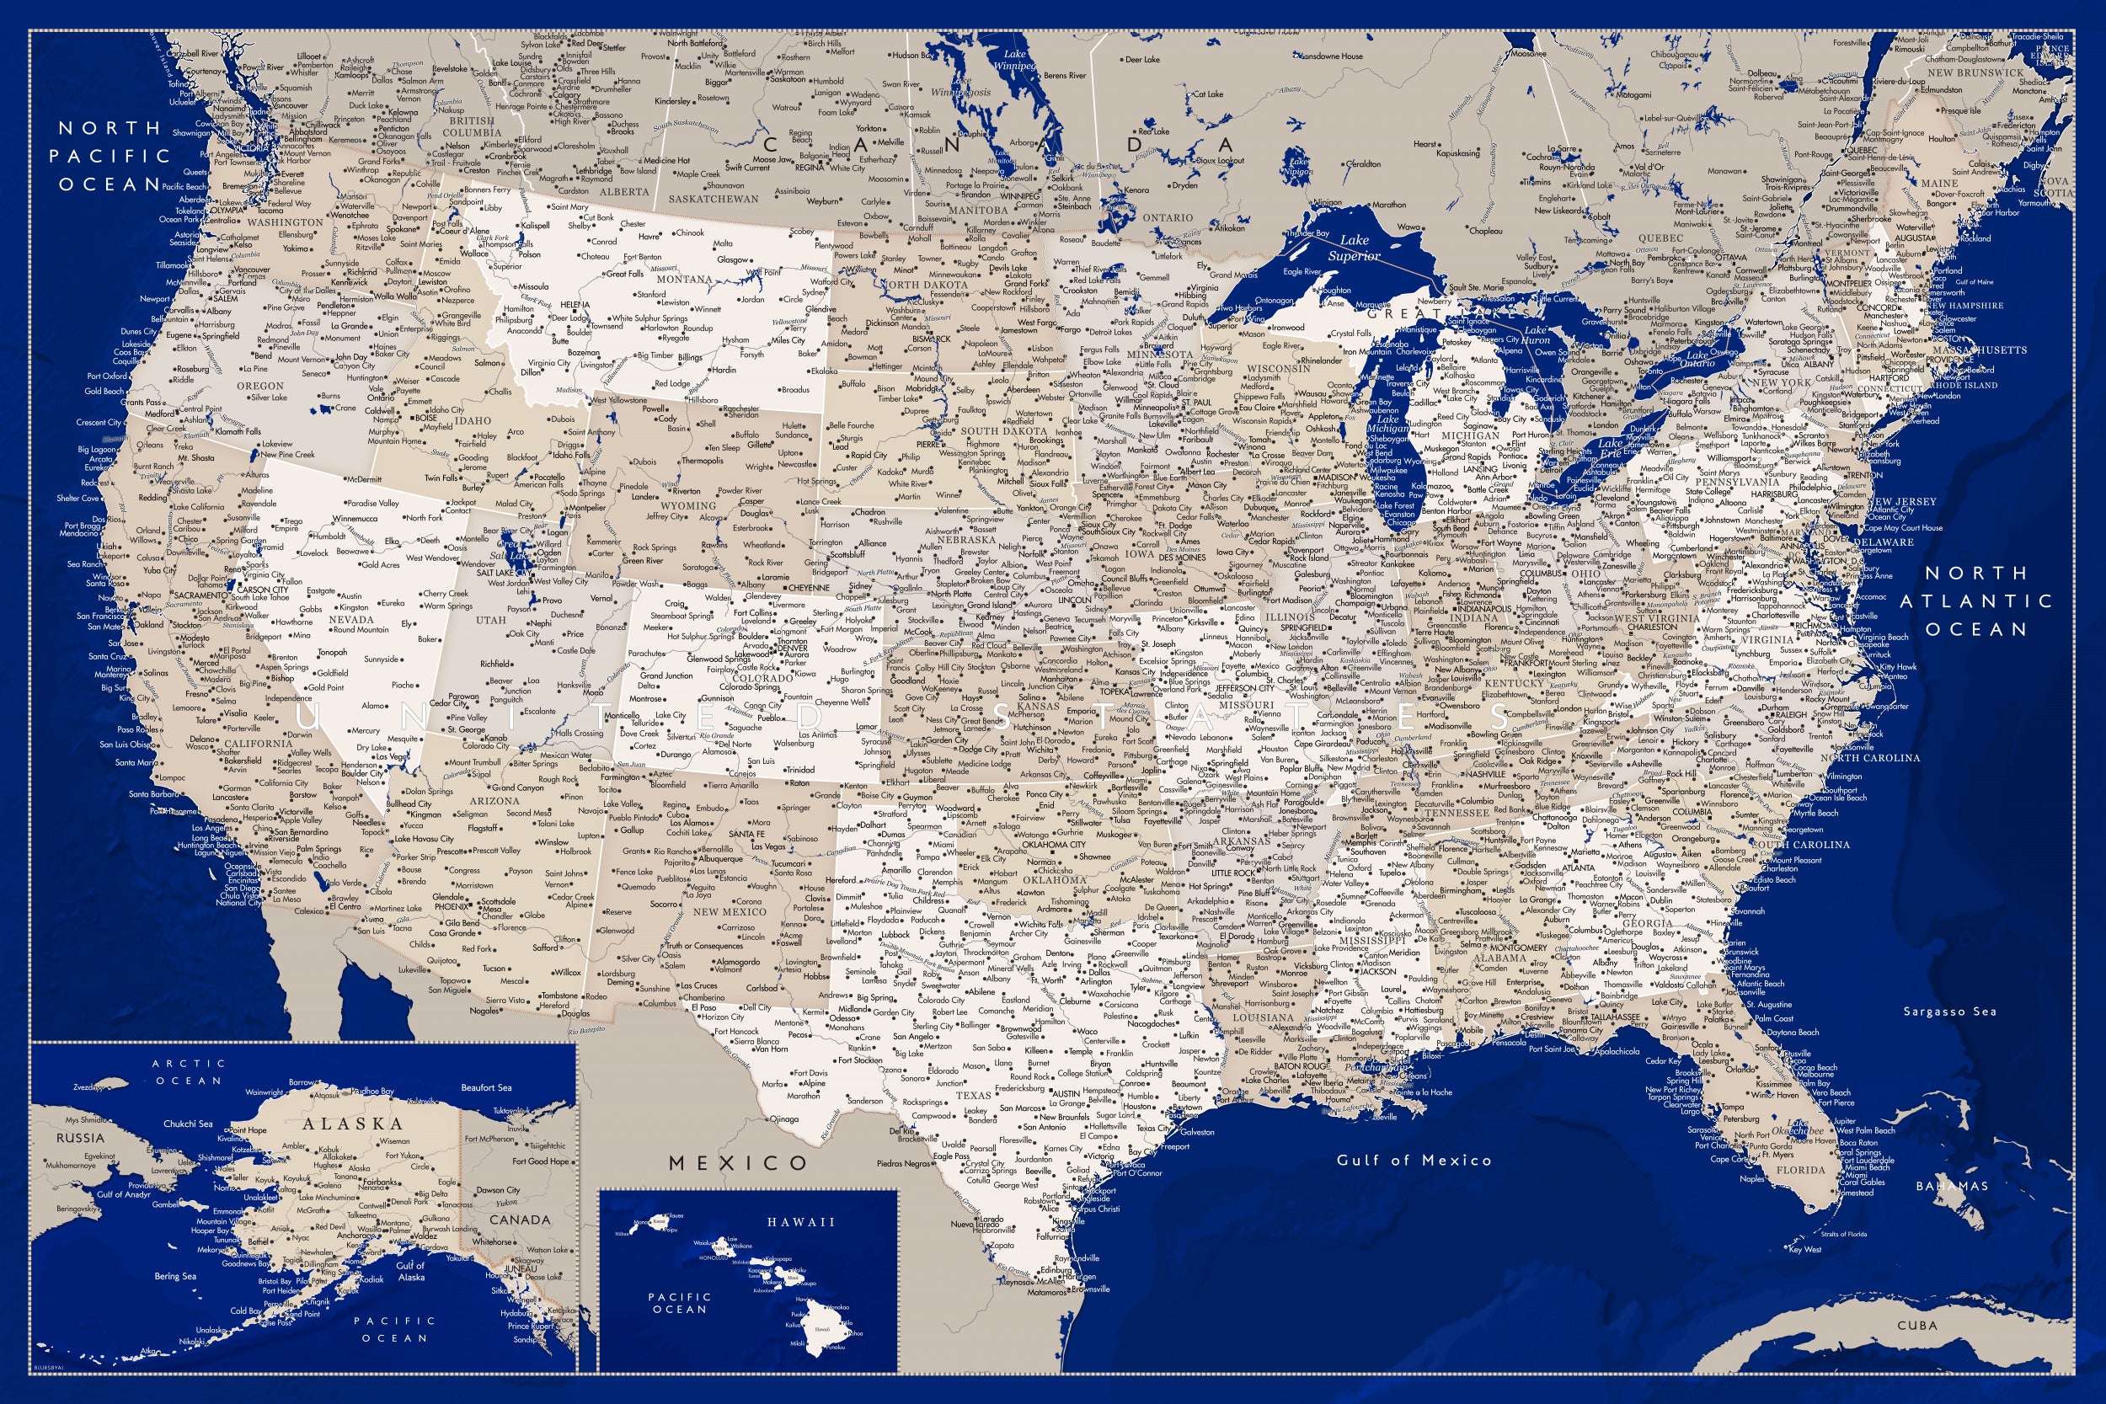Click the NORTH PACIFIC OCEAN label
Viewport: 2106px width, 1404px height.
click(110, 156)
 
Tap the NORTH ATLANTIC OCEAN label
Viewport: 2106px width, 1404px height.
click(1975, 601)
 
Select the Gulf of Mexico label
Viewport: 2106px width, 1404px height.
click(1414, 1161)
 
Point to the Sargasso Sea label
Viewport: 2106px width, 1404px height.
click(1949, 1012)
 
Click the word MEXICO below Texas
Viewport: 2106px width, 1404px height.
click(739, 1163)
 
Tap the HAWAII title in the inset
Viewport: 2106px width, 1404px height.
click(800, 1222)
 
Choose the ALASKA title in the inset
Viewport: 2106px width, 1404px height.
click(352, 1124)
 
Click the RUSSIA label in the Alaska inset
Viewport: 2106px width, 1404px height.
click(81, 1138)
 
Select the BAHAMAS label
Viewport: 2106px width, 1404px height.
click(1951, 1187)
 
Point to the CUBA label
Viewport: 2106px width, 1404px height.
click(1917, 1325)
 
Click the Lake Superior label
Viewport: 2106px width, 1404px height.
click(1353, 248)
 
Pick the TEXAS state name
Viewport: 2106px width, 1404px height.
click(973, 1095)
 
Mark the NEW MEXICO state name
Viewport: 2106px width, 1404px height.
click(730, 912)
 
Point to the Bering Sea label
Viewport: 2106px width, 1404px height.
click(174, 1277)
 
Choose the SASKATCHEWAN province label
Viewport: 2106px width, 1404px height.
click(713, 199)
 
